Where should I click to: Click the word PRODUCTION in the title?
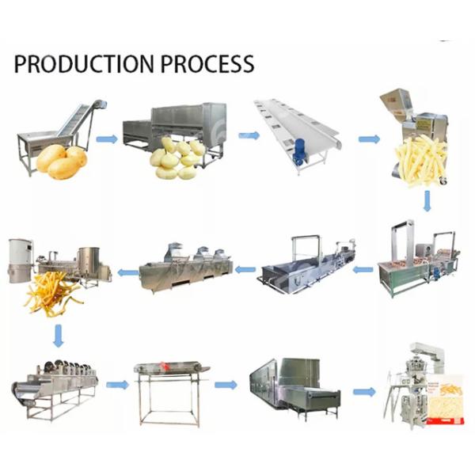click(x=84, y=63)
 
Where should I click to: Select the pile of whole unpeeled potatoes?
click(x=62, y=161)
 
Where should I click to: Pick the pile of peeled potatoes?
click(x=178, y=157)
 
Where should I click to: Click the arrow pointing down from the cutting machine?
click(x=427, y=201)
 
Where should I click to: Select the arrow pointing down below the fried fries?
click(x=58, y=336)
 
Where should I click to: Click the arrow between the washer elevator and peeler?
click(x=107, y=139)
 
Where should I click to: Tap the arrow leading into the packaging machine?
click(x=364, y=391)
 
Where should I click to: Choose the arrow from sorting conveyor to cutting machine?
click(x=369, y=139)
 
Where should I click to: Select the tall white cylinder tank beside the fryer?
click(x=21, y=261)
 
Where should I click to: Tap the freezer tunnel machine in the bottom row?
click(x=294, y=386)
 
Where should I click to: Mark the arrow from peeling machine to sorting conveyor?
click(x=249, y=135)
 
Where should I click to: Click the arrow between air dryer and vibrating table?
click(x=117, y=385)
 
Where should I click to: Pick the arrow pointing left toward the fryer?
click(x=128, y=272)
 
